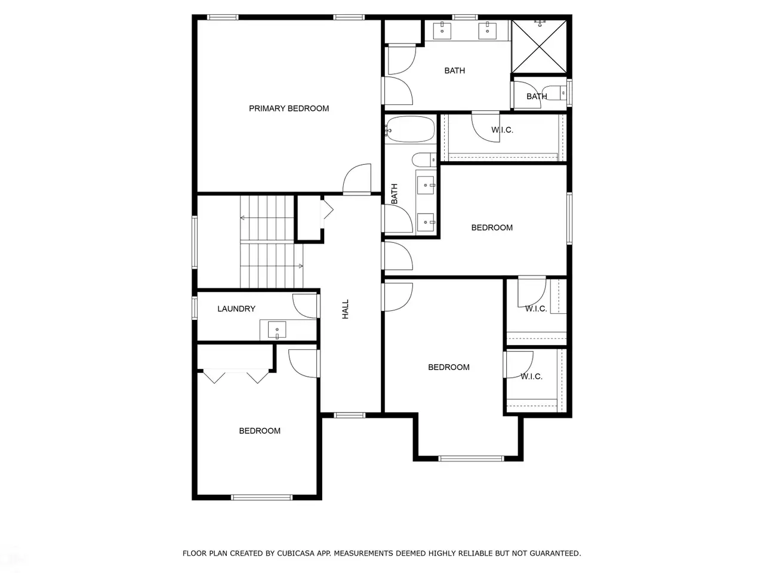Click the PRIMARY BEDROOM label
288,109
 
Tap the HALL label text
345,309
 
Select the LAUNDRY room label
236,309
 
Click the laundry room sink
277,330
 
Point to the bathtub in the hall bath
410,130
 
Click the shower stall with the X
539,47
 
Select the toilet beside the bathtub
424,160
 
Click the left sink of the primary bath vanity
442,30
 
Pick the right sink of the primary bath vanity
487,30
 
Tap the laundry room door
304,306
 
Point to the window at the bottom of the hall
349,415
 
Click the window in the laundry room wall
195,307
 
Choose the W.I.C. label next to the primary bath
502,130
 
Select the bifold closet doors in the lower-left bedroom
236,377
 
